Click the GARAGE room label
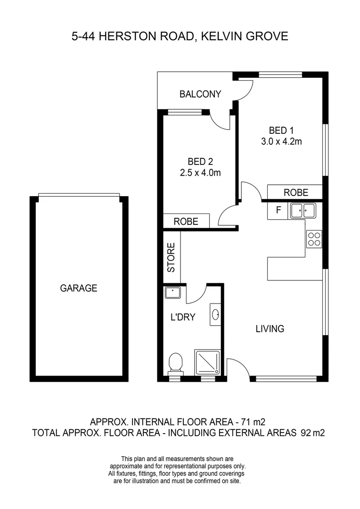tap(78, 288)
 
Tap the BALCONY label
tap(200, 94)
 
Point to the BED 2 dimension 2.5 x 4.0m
tap(200, 173)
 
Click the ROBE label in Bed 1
tap(295, 192)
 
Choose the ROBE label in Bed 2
tap(186, 222)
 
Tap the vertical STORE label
tap(172, 257)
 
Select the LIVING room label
tap(270, 328)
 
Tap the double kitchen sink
tap(303, 210)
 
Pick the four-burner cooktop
tap(314, 239)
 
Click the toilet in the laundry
tap(175, 363)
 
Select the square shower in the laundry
tap(208, 362)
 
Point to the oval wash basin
tap(216, 315)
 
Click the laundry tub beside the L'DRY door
tap(172, 293)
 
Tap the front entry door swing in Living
tap(237, 368)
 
